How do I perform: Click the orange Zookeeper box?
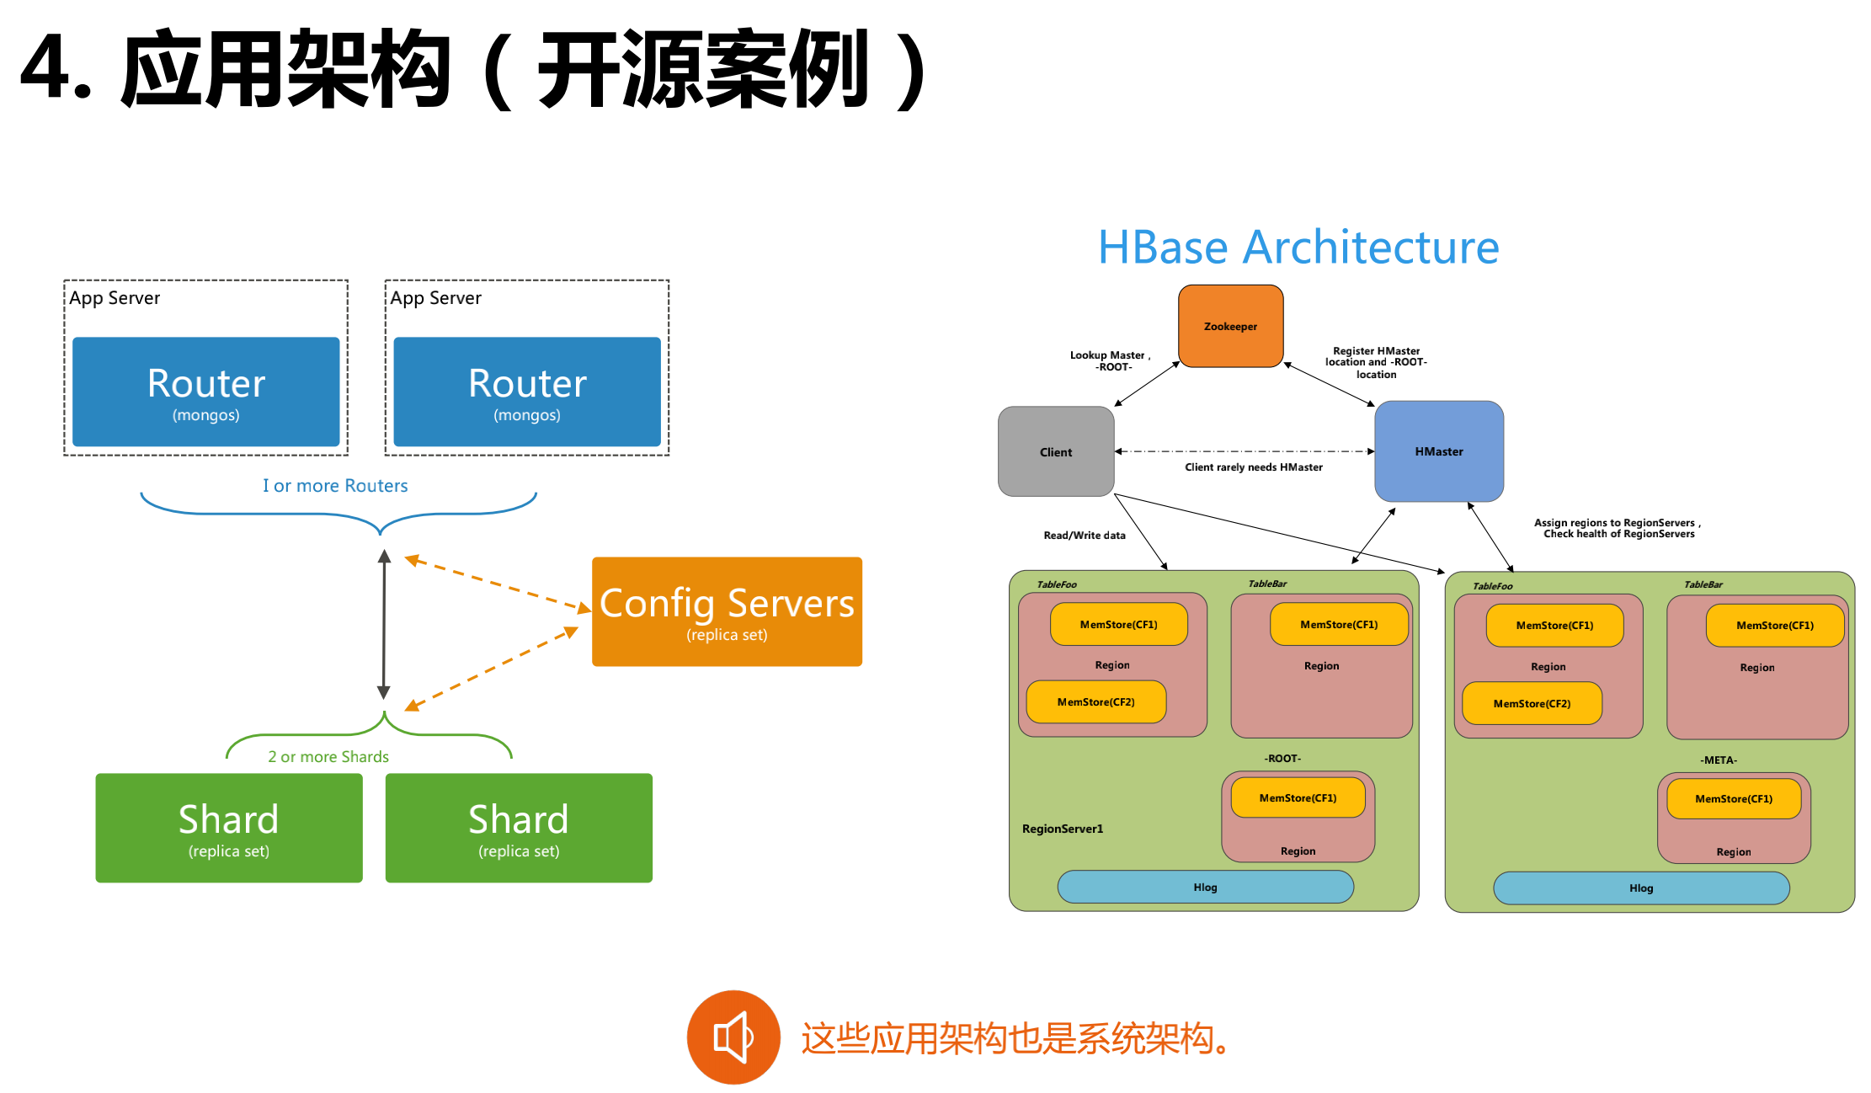(x=1230, y=326)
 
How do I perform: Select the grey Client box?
(x=1055, y=452)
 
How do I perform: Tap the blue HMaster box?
(x=1438, y=451)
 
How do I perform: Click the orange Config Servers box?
(x=727, y=612)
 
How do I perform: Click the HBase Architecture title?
(x=1298, y=248)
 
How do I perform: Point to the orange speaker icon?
(x=733, y=1037)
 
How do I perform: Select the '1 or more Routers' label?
(x=335, y=486)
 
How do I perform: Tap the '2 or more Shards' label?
(x=328, y=757)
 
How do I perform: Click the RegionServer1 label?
(x=1062, y=829)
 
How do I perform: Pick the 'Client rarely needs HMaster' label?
(x=1253, y=467)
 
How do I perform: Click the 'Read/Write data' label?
(x=1084, y=536)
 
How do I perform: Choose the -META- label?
(x=1718, y=760)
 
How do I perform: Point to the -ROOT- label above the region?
(x=1282, y=759)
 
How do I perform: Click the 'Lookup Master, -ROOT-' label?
(x=1110, y=361)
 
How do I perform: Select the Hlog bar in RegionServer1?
(x=1205, y=888)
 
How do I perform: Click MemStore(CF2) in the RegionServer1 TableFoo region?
(x=1095, y=702)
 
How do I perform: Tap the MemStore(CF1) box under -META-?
(x=1733, y=799)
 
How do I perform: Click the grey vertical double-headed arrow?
(x=384, y=624)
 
